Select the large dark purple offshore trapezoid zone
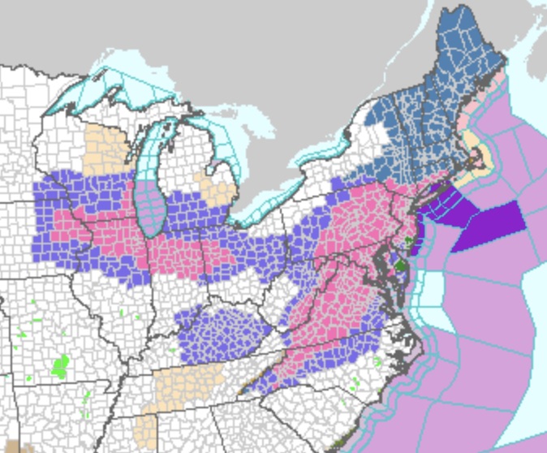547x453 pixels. tap(487, 226)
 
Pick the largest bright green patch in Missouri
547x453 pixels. tap(59, 366)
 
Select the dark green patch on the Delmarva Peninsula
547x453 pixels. tap(399, 263)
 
